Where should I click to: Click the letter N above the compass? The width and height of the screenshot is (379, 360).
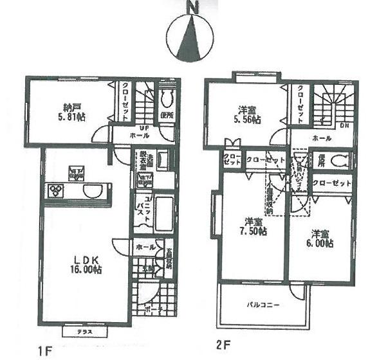pos(191,7)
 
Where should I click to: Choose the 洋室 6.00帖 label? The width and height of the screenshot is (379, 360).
pos(319,239)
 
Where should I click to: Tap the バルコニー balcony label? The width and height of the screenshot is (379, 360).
pos(264,305)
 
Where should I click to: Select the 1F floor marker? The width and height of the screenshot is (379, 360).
pos(44,350)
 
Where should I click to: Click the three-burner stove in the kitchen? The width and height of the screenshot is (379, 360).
pos(57,191)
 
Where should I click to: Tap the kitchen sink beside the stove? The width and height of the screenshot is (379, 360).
pos(91,192)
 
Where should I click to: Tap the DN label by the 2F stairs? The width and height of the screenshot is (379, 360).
pos(344,126)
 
